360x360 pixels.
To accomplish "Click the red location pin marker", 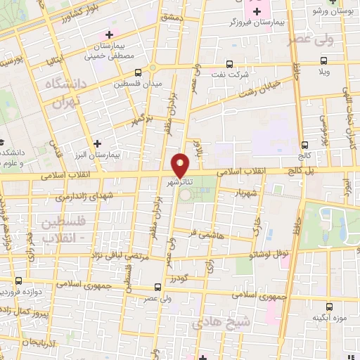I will pos(181,165).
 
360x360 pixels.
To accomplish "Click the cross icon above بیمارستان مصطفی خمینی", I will pos(108,34).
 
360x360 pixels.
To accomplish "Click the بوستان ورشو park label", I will pos(333,12).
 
